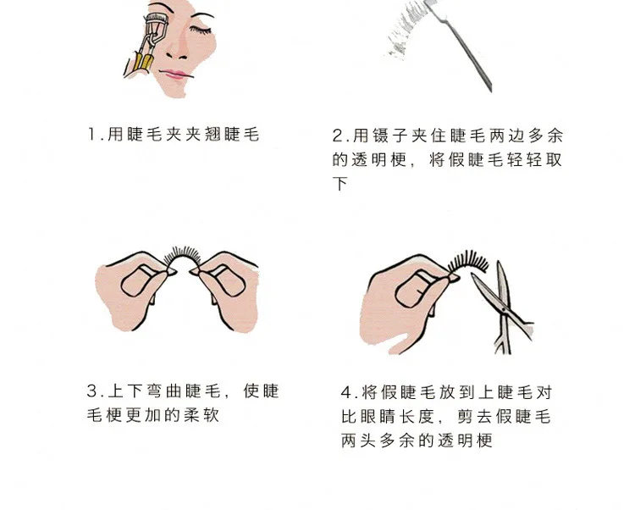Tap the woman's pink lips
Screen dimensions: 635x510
click(175, 75)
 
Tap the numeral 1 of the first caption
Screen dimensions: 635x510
click(92, 134)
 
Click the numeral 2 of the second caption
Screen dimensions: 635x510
click(338, 136)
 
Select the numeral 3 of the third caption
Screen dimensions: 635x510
click(92, 391)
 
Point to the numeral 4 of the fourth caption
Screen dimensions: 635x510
click(346, 392)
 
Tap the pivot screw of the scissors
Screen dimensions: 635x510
click(504, 309)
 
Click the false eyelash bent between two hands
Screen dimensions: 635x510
click(182, 257)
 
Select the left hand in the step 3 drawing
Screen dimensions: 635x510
click(135, 290)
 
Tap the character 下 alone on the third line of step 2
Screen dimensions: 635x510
click(340, 184)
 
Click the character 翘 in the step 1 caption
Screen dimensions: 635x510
click(213, 134)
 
